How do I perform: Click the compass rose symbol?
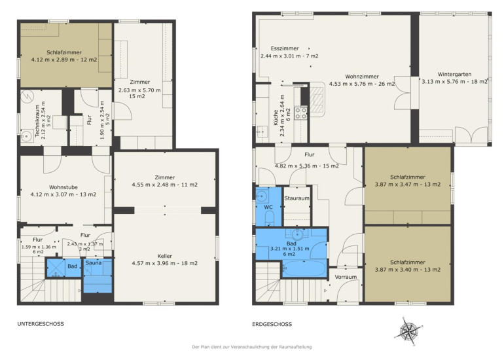tap(409, 331)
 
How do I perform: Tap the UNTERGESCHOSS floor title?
tap(41, 324)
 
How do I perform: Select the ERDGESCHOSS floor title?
tap(272, 324)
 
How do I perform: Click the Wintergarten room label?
tap(454, 74)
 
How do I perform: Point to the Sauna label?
tap(94, 263)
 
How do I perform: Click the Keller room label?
tap(164, 256)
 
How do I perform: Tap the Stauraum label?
tap(297, 198)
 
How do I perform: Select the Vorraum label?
tap(346, 277)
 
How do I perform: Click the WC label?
tap(268, 207)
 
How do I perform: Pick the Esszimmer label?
tap(285, 48)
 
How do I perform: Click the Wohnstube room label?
tap(63, 187)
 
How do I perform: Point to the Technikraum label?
tap(37, 121)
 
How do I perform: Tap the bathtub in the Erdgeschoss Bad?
tap(304, 268)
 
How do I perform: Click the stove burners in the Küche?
tap(301, 113)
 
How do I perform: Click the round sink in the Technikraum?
tap(27, 136)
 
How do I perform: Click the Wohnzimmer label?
tap(362, 77)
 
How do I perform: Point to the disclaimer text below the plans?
tap(252, 347)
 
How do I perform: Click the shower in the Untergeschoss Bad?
tap(56, 268)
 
